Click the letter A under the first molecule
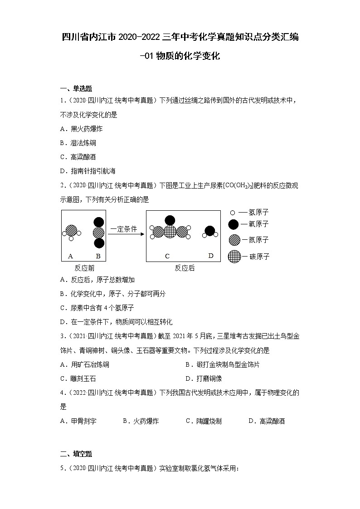tap(70, 256)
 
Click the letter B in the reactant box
tap(98, 256)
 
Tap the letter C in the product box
tap(167, 256)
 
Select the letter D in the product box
tap(211, 256)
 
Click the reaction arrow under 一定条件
tap(126, 234)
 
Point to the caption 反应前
tap(84, 268)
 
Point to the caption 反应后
tap(185, 268)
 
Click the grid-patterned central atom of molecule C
tap(170, 232)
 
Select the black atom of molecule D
tap(209, 231)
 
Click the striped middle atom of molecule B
tap(98, 233)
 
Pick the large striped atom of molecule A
tap(71, 230)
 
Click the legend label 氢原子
tap(256, 212)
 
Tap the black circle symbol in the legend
tap(234, 223)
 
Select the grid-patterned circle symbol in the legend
tap(234, 256)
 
